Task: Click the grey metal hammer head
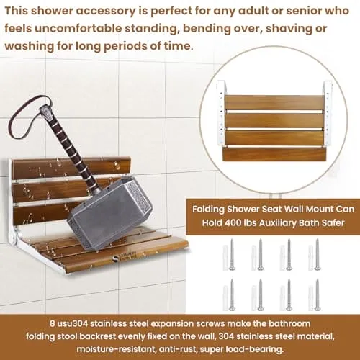pos(110,208)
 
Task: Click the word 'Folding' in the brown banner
pos(208,209)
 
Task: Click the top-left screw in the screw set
pos(232,254)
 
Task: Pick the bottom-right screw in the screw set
pos(317,295)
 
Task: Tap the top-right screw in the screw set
pos(317,254)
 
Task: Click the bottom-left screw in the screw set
pos(232,295)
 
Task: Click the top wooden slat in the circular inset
pos(274,102)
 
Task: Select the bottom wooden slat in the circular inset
pos(274,154)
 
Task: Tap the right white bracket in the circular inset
pos(328,113)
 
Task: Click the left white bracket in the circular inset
pos(221,113)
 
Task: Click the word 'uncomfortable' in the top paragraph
pos(78,28)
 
